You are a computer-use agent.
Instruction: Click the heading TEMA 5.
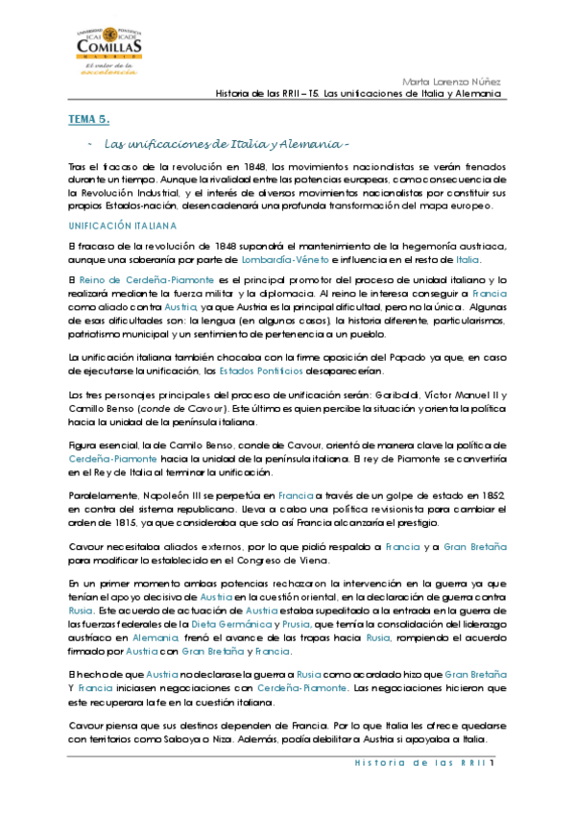89,119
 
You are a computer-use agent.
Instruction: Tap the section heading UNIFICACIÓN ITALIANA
123,227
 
